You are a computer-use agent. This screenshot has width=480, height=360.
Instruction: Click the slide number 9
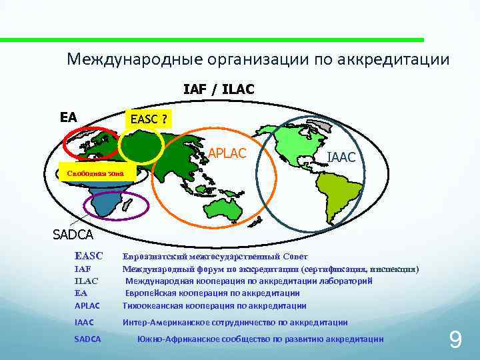pos(455,341)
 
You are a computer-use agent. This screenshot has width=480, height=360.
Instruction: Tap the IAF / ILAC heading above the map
pos(219,89)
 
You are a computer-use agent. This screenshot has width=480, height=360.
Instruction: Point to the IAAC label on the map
pos(345,158)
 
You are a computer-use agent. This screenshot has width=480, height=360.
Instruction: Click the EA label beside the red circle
pos(68,117)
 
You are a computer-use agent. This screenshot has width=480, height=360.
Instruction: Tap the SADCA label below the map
pos(73,234)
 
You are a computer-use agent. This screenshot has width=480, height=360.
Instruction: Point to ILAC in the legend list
pos(85,281)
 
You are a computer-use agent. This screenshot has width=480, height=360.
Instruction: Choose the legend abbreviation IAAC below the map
pos(84,323)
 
